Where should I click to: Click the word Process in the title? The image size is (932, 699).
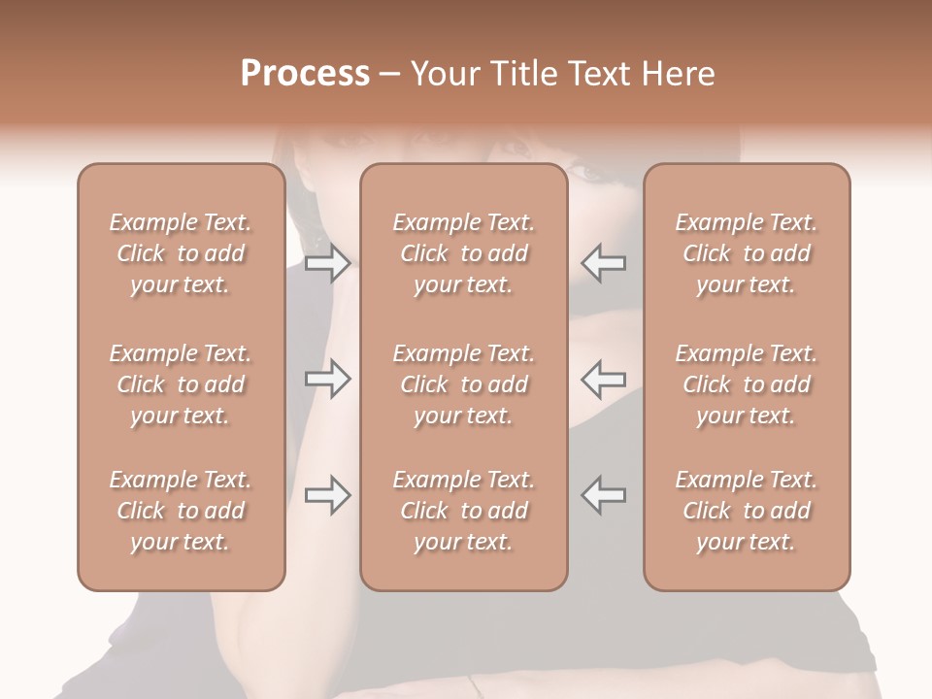tap(305, 74)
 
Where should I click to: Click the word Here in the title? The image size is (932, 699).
tap(679, 74)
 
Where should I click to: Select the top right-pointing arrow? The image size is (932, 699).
tap(328, 263)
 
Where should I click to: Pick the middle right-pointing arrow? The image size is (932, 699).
tap(328, 379)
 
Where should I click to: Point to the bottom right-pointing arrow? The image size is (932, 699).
tap(328, 495)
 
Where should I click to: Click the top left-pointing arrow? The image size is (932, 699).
tap(604, 263)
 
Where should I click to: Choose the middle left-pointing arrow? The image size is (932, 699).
tap(604, 379)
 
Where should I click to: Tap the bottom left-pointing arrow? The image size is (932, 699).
tap(604, 495)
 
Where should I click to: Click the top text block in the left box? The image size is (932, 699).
tap(181, 253)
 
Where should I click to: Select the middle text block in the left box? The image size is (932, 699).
tap(181, 384)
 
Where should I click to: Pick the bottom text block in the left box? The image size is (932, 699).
tap(181, 511)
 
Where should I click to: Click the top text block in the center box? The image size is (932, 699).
tap(463, 253)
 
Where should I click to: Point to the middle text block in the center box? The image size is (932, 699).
tap(463, 384)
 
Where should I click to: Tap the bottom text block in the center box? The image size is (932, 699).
tap(463, 511)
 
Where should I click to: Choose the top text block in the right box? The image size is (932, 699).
tap(746, 253)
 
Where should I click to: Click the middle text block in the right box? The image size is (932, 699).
tap(746, 384)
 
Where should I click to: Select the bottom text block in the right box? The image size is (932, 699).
tap(746, 511)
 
